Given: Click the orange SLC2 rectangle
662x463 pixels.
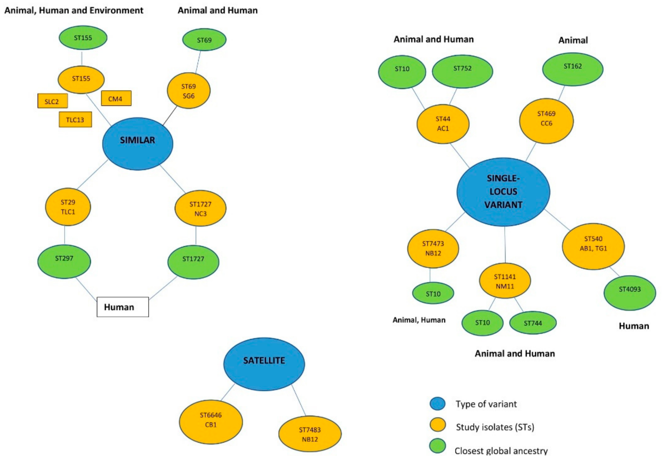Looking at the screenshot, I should click(53, 101).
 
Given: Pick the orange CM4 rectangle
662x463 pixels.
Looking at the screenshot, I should click(116, 99).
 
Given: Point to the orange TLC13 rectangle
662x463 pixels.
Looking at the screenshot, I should click(75, 120).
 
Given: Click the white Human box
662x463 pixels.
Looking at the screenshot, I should click(122, 307).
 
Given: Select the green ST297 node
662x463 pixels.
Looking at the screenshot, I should click(64, 262).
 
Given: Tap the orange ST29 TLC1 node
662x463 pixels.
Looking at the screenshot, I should click(68, 207).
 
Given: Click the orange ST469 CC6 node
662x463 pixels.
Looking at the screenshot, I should click(546, 121).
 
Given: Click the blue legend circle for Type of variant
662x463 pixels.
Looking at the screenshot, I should click(437, 403).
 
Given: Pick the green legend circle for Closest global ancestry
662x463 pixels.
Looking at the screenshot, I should click(437, 447).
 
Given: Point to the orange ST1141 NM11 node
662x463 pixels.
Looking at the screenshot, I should click(505, 281).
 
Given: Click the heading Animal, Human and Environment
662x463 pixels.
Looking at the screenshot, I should click(74, 10).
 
